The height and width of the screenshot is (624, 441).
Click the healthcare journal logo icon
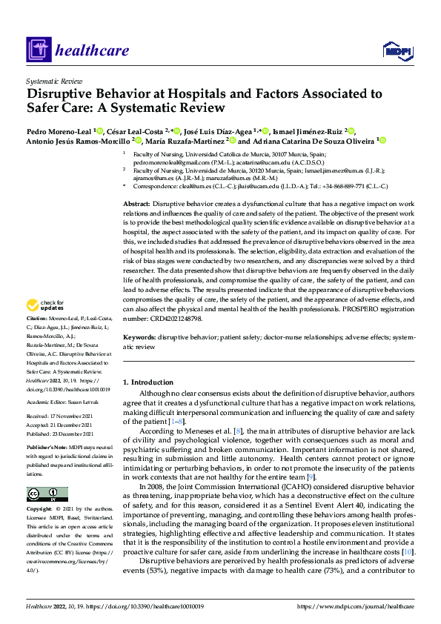[38, 51]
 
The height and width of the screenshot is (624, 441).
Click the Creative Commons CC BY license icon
[47, 494]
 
